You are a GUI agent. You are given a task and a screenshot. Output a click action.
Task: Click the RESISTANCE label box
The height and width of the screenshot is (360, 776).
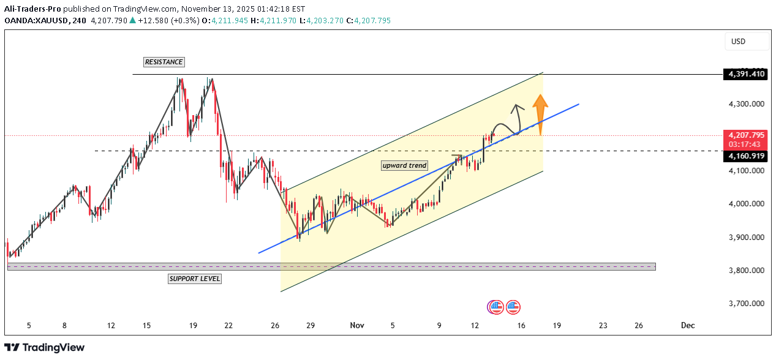[164, 62]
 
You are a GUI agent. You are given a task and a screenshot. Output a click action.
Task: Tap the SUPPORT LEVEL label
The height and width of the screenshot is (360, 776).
[194, 279]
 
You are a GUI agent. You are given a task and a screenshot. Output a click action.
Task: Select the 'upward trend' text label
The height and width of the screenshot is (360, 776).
[404, 165]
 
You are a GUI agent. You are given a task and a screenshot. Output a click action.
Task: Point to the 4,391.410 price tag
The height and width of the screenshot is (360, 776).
[745, 74]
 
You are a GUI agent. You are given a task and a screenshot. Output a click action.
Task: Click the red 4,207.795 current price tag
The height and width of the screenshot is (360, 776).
[745, 135]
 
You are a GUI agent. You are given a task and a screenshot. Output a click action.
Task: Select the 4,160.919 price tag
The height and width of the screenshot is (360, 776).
[745, 157]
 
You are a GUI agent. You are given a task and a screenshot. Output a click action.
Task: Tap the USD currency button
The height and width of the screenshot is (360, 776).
[738, 42]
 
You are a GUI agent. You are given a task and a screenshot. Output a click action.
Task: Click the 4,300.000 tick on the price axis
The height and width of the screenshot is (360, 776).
[745, 104]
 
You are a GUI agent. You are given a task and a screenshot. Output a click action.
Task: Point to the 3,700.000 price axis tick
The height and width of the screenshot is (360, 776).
[745, 304]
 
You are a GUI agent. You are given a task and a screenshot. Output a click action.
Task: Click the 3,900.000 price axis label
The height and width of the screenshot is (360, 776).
[745, 237]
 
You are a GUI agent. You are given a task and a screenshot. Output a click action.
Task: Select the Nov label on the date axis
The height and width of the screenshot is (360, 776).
[356, 326]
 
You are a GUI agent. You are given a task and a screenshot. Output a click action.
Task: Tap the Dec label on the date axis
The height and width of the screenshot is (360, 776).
[688, 326]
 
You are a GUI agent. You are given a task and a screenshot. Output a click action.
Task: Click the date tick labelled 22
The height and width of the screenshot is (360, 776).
[228, 326]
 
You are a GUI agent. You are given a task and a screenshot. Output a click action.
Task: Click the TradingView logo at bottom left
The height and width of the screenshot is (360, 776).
[45, 348]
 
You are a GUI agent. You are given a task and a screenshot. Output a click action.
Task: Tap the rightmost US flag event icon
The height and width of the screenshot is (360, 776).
[513, 307]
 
